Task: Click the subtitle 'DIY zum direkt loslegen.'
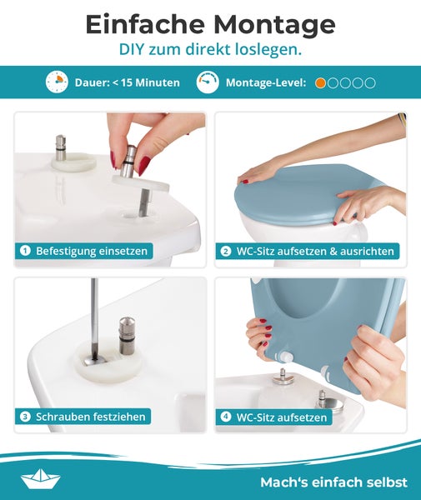pos(210,50)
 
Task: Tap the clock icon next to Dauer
pos(57,82)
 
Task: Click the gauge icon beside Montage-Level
pos(208,82)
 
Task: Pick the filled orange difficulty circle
pos(321,82)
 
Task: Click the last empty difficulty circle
pos(370,82)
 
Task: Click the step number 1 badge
pos(25,250)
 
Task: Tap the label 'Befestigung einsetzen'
pos(92,250)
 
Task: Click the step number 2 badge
pos(226,250)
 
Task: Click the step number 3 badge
pos(25,417)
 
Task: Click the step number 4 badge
pos(226,417)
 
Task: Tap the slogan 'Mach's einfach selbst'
pos(333,482)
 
